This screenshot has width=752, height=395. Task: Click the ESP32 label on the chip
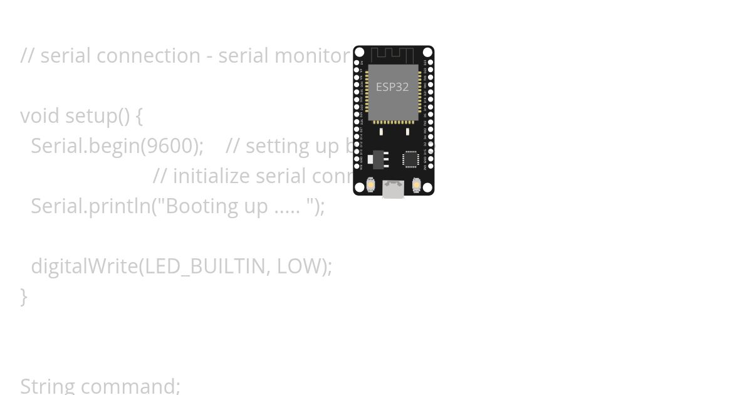click(392, 87)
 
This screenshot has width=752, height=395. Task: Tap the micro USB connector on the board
click(393, 189)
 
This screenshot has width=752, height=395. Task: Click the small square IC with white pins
click(410, 159)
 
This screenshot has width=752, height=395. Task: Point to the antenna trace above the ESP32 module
click(392, 55)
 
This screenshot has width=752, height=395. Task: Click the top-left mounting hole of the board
click(360, 51)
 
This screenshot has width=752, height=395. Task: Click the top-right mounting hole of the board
click(427, 51)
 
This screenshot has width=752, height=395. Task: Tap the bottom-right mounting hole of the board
click(427, 187)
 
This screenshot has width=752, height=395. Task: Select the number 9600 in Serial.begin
click(167, 146)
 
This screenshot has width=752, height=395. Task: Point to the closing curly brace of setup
click(24, 296)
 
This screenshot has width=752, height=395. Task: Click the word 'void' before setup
click(39, 116)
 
